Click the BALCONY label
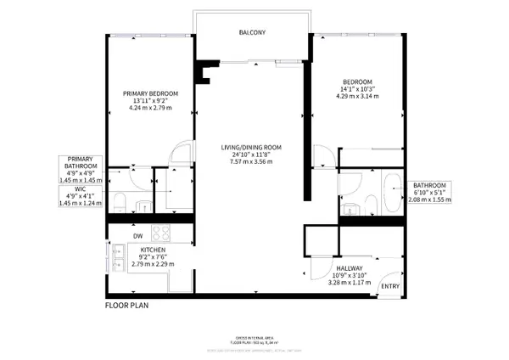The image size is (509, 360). tap(253, 33)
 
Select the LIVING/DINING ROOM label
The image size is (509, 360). tap(252, 148)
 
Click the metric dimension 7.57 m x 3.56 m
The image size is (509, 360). tap(252, 163)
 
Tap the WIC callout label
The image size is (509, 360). tap(81, 194)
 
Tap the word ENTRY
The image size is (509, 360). tap(391, 287)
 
